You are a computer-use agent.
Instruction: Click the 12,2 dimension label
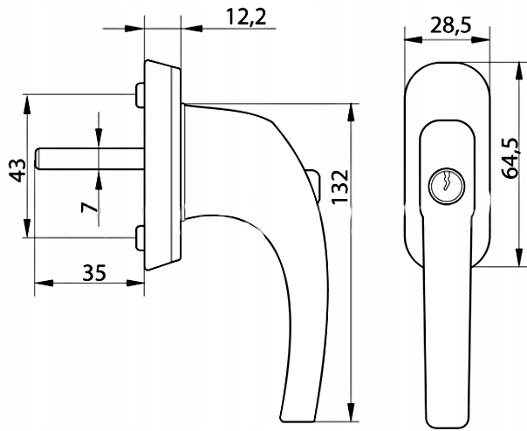click(246, 17)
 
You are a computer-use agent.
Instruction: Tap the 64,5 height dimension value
click(510, 158)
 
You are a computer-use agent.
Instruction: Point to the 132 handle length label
click(339, 187)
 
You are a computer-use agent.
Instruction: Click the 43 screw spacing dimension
click(17, 170)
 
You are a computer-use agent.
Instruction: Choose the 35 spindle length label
click(94, 273)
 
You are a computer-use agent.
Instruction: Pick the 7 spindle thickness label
click(89, 208)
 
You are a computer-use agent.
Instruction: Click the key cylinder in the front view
click(447, 186)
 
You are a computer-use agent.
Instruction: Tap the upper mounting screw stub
click(140, 95)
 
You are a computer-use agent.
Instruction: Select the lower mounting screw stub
click(140, 238)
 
